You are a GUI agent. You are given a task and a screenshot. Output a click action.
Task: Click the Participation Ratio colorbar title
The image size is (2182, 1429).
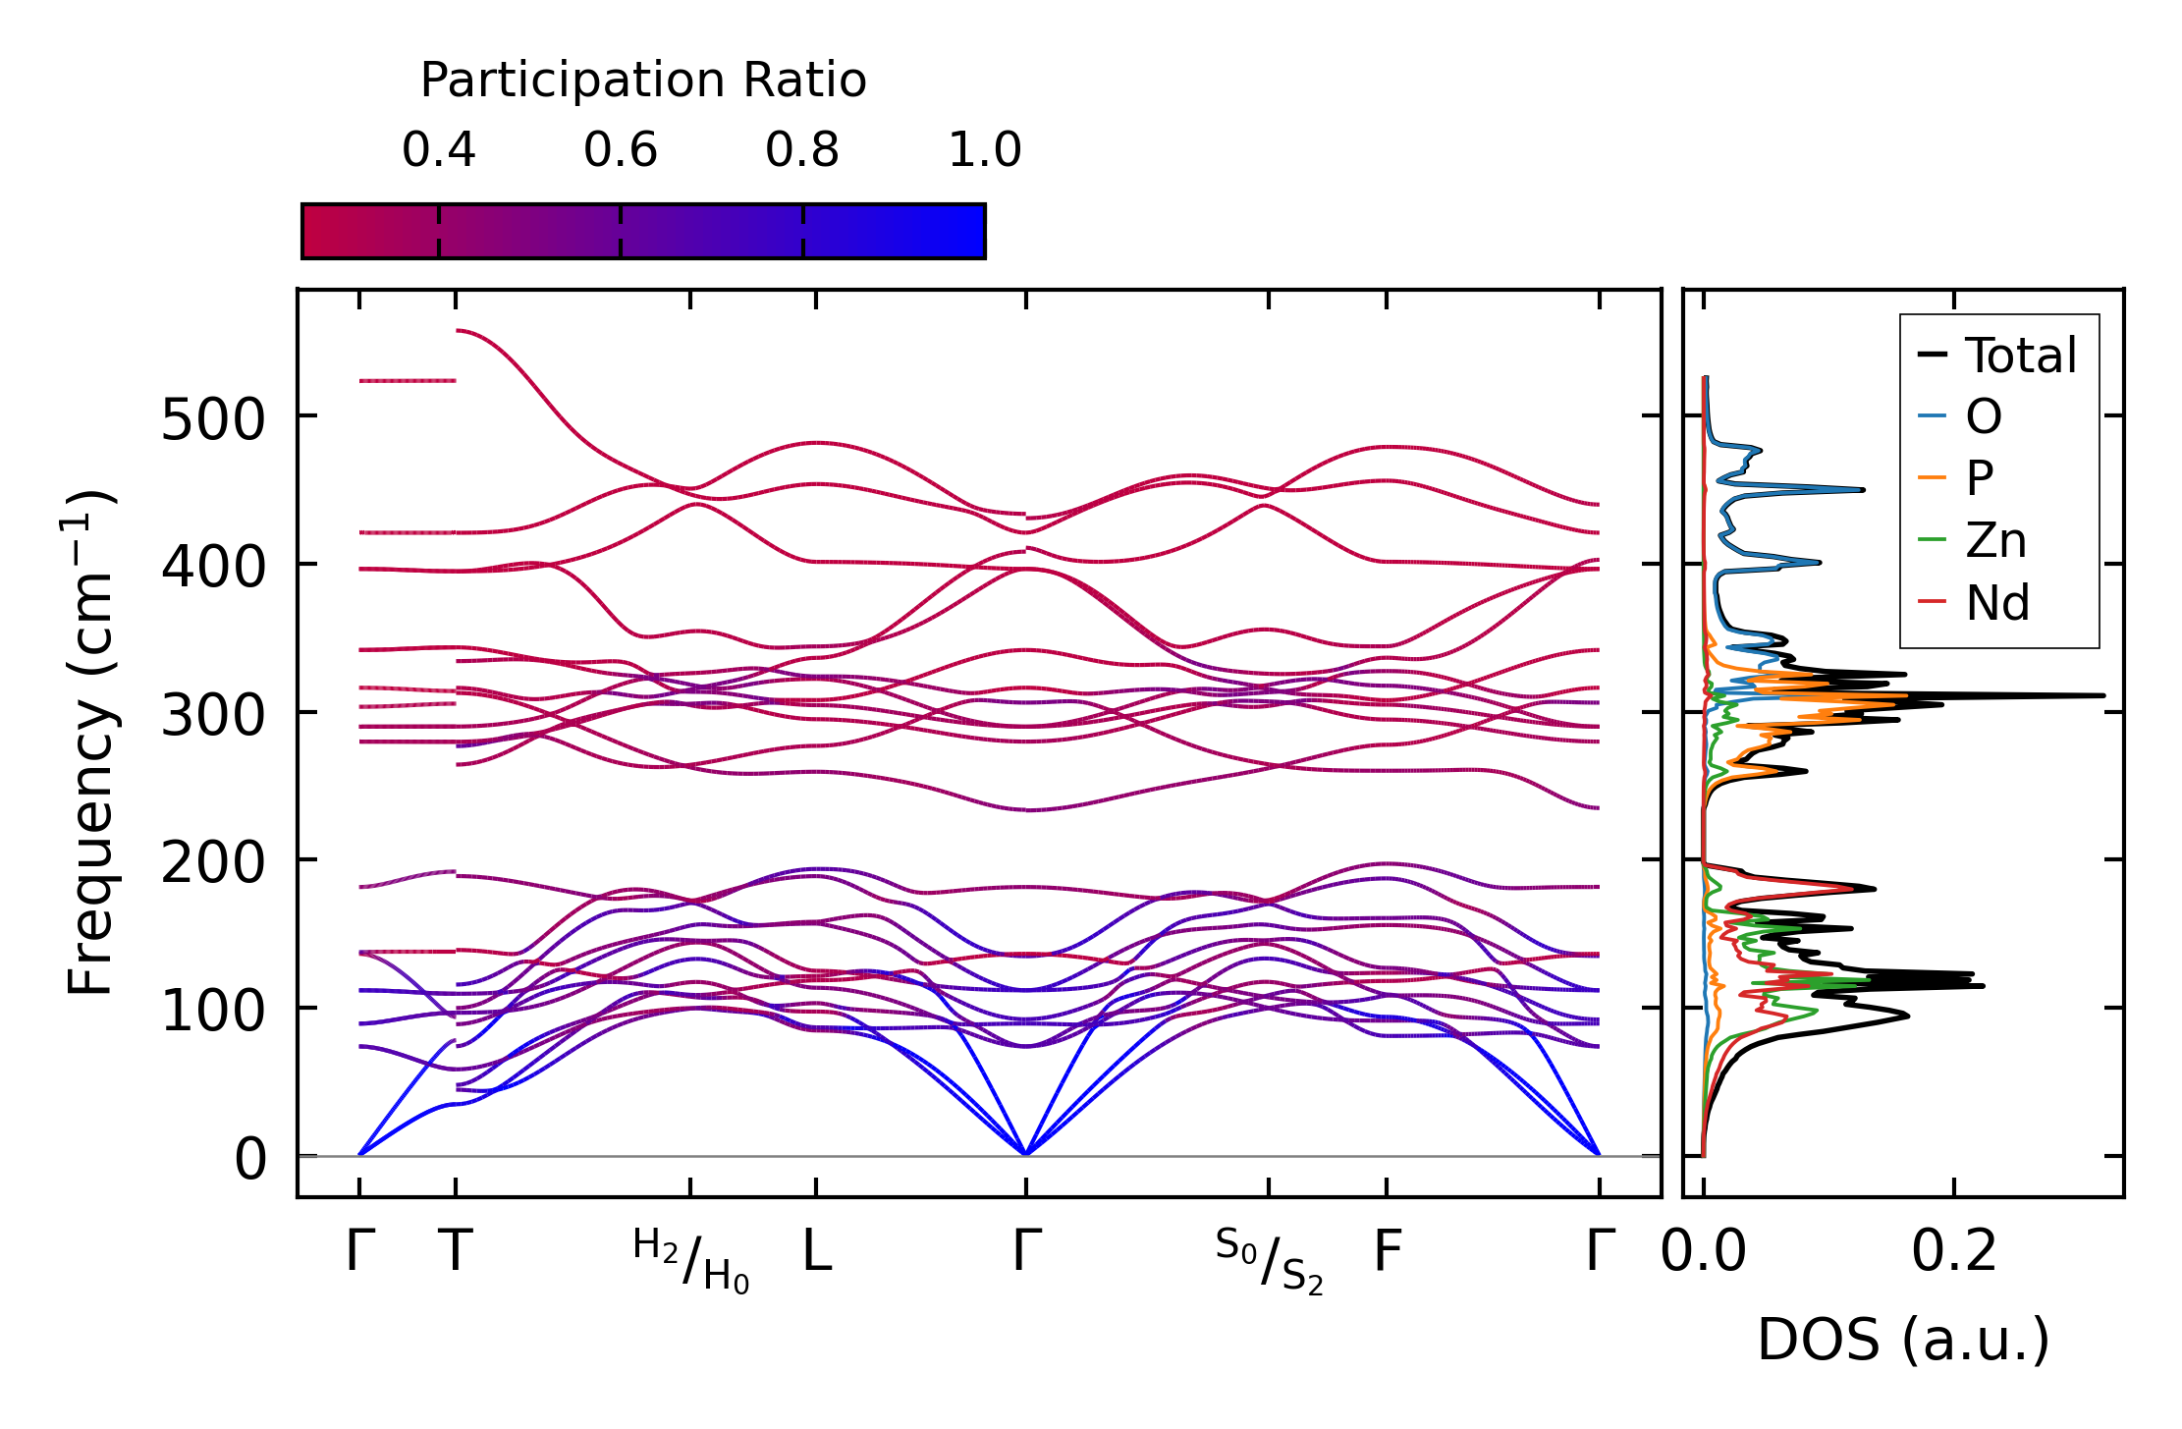coord(643,81)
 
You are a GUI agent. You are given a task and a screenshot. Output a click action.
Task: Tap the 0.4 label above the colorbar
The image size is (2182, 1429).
coord(438,150)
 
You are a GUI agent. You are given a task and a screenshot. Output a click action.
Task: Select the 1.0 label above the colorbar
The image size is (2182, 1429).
coord(984,150)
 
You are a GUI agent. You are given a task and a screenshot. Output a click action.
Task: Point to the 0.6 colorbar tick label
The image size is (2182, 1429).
coord(620,150)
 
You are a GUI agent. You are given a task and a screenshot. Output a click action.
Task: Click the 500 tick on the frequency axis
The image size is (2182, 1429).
coord(212,419)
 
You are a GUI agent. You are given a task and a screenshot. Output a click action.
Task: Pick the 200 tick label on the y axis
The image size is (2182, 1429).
coord(212,863)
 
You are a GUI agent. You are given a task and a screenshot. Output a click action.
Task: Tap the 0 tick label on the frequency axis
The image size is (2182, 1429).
coord(249,1159)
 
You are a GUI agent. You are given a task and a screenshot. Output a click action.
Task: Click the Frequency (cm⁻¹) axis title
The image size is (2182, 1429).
coord(90,742)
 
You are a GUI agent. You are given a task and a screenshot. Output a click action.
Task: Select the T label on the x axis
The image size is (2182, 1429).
coord(455,1251)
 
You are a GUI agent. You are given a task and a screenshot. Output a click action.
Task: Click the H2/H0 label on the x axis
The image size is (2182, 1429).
coord(690,1260)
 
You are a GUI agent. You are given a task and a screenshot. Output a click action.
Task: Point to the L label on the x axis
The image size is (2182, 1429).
coord(816,1251)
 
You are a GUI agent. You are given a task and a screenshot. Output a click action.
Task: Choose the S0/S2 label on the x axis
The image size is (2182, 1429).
coord(1269,1260)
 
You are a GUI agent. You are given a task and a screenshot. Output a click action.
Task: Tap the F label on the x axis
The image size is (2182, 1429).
coord(1387,1251)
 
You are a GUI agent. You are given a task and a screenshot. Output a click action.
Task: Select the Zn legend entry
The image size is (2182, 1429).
coord(1994,541)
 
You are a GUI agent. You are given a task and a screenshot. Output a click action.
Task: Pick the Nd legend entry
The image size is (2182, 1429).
coord(1996,603)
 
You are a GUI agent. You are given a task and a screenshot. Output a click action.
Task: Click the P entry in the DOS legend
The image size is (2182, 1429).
coord(1979,479)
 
